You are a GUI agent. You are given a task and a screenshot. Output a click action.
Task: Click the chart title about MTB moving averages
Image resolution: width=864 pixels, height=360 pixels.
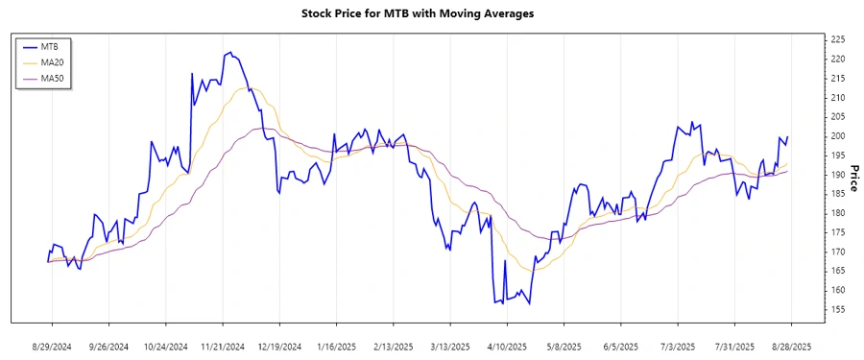(430, 13)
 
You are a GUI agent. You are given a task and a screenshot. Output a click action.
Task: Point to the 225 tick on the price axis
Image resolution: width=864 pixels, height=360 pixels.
(837, 39)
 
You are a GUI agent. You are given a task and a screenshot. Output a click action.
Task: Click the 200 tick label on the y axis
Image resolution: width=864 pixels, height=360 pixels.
(837, 135)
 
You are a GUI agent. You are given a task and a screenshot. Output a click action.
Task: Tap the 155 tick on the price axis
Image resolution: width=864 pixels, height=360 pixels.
(837, 309)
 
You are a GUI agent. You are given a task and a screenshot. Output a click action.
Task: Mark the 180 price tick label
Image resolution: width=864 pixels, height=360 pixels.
(837, 212)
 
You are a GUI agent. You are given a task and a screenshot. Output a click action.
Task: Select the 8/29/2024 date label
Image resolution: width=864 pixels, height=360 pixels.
(52, 346)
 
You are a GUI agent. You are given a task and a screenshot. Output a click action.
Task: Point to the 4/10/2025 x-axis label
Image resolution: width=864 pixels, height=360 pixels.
(507, 346)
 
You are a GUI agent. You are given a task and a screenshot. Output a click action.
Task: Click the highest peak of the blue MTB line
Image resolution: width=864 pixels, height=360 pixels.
(229, 53)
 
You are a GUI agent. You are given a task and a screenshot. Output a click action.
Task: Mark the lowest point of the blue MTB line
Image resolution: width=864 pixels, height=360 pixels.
(529, 304)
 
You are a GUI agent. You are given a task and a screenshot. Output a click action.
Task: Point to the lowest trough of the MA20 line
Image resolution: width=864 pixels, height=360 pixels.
(538, 270)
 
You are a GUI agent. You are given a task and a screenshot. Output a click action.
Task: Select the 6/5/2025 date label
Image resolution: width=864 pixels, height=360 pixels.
(620, 346)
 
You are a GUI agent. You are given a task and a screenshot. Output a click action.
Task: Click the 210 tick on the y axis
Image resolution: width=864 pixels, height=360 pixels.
(837, 97)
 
